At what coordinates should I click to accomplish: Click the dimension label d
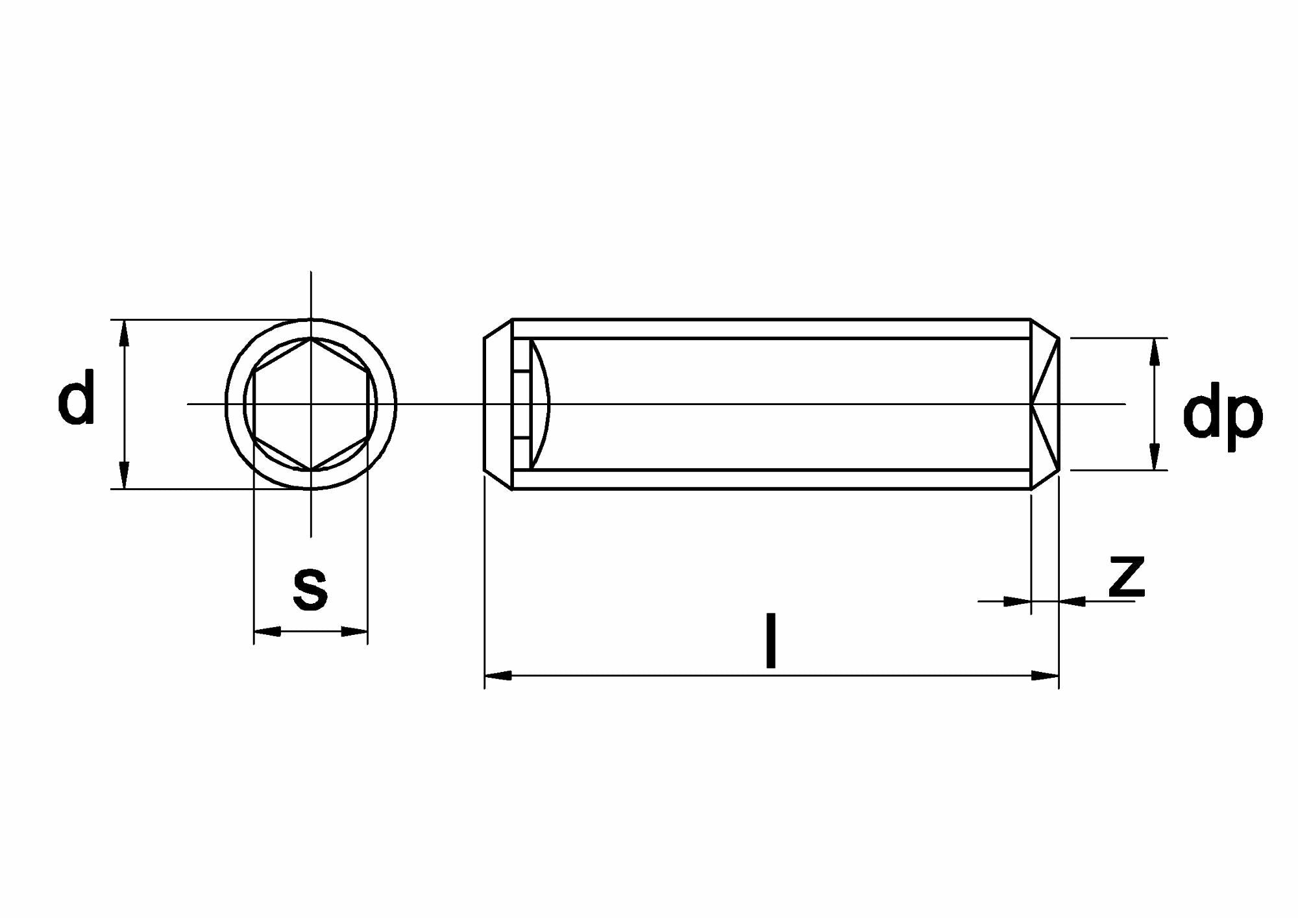tap(77, 397)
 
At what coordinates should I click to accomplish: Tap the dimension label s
tap(310, 589)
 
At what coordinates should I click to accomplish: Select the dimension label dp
tap(1223, 416)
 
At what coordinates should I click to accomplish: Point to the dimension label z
tap(1127, 576)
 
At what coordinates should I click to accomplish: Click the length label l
tap(771, 640)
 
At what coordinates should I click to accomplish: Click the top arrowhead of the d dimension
tap(125, 332)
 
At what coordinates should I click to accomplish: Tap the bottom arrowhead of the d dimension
tap(125, 475)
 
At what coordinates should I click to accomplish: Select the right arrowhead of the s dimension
tap(354, 631)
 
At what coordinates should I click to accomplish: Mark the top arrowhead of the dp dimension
tap(1154, 351)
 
